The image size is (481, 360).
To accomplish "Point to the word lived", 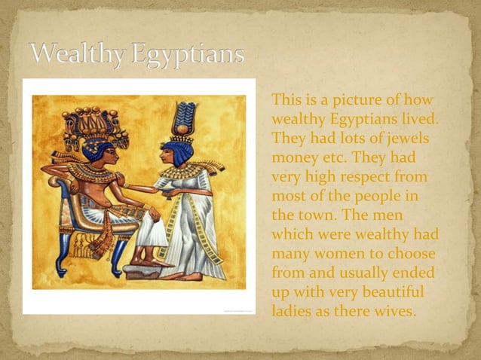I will (420, 120).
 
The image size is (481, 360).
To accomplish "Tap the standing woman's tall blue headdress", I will (182, 121).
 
